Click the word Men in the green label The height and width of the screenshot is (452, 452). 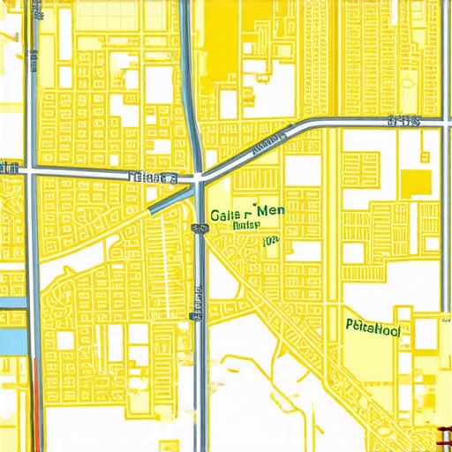click(x=270, y=212)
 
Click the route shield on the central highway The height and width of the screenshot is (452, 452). click(x=199, y=228)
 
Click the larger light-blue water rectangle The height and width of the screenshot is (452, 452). click(x=11, y=339)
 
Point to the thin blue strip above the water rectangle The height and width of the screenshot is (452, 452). click(x=12, y=303)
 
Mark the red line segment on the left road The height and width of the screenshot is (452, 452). click(x=36, y=406)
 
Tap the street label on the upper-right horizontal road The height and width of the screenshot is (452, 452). click(x=403, y=121)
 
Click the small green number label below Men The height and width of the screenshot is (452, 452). click(x=270, y=239)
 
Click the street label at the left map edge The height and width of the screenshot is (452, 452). click(x=10, y=166)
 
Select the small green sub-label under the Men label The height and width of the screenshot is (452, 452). click(x=246, y=225)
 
